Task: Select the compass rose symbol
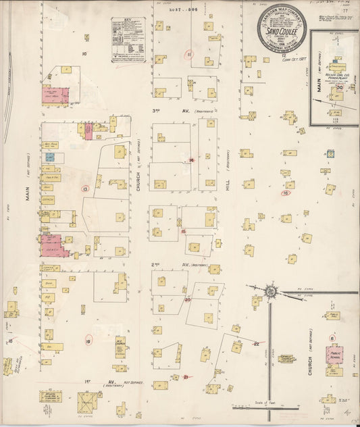pos(271,291)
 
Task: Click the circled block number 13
pos(85,189)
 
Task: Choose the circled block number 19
pos(88,341)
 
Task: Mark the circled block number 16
pos(286,193)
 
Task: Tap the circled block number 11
pos(190,54)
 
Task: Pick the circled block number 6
pos(332,338)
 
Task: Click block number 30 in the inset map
pos(340,86)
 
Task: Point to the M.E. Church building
pos(120,351)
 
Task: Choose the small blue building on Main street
pos(49,157)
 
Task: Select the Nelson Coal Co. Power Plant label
pos(334,74)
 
